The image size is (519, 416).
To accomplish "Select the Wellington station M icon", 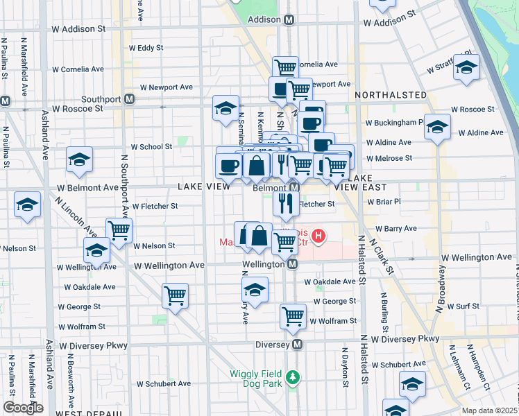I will point(293,264).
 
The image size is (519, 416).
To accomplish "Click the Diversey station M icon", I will point(298,344).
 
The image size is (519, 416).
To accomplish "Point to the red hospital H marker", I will point(318,237).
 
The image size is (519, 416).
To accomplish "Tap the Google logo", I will point(23,408).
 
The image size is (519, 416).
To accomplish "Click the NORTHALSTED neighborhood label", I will point(391,94).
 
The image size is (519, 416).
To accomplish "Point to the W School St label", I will point(151,146).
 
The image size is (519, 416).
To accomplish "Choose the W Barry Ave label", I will point(395,228).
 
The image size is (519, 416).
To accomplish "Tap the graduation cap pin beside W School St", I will point(80,159).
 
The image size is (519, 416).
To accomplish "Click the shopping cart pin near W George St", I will point(175,295).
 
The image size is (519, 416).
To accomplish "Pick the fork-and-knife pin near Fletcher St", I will point(286,202).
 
